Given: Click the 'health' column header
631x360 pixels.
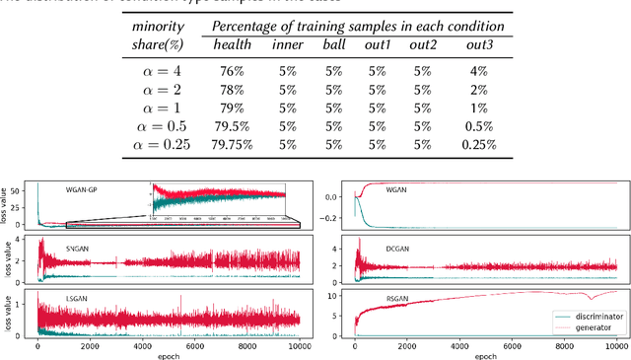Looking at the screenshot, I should click(232, 44).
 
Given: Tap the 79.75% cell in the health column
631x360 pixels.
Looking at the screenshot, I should click(232, 144).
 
